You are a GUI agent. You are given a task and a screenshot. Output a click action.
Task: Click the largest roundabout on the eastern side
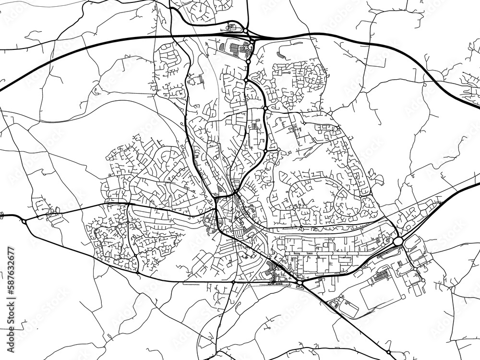[x=398, y=240]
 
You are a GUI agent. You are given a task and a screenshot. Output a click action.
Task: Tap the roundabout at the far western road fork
[x=24, y=221]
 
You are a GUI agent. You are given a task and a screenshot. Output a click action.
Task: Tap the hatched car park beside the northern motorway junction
[x=235, y=48]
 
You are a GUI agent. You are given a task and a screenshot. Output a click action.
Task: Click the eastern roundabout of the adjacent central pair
[x=278, y=150]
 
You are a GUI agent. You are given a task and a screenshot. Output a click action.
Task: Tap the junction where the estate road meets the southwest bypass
[x=137, y=273]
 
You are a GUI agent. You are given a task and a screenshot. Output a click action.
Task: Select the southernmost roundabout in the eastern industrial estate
[x=423, y=280]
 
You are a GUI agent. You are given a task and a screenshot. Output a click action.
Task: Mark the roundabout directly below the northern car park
[x=249, y=62]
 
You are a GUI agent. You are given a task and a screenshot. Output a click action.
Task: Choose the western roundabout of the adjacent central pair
[x=265, y=150]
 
